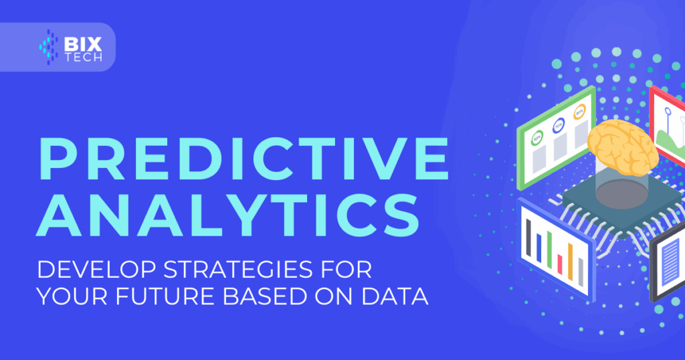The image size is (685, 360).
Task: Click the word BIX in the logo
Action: [x=83, y=44]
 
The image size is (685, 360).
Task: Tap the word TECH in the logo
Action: [x=84, y=58]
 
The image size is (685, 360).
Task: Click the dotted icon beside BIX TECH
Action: [x=48, y=48]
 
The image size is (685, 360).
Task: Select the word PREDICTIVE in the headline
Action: [x=243, y=159]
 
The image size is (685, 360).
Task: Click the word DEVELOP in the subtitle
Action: [x=96, y=270]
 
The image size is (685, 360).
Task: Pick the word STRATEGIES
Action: [x=238, y=270]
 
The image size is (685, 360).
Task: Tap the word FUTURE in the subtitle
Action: [x=165, y=296]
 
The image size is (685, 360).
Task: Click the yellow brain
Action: [x=623, y=147]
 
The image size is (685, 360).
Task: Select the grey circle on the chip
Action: [x=621, y=194]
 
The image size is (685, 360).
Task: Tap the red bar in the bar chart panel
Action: [x=560, y=264]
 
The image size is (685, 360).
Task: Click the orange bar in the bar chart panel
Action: [x=570, y=262]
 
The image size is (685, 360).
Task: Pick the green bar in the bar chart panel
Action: [x=549, y=250]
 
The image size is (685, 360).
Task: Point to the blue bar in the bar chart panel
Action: [x=539, y=248]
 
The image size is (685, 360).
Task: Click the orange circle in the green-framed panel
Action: [x=580, y=112]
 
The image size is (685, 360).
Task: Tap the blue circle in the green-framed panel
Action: [x=559, y=126]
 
